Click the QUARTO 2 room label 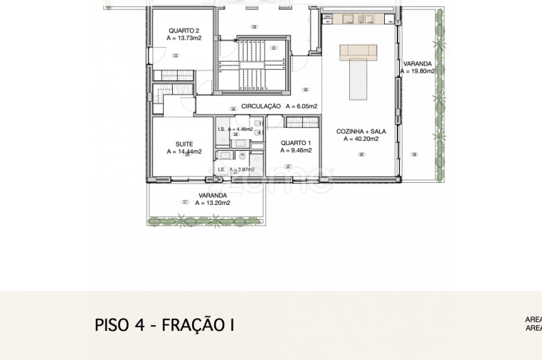184,31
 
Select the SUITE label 184,144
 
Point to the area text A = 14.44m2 184,152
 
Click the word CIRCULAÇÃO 261,106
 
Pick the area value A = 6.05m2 301,106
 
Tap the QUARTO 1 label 296,142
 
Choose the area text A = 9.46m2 296,150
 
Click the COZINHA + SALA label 361,131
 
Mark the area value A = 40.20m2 361,139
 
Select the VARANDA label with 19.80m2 417,63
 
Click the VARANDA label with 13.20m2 213,195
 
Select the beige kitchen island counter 358,51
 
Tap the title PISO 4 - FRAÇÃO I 164,325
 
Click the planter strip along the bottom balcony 206,221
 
